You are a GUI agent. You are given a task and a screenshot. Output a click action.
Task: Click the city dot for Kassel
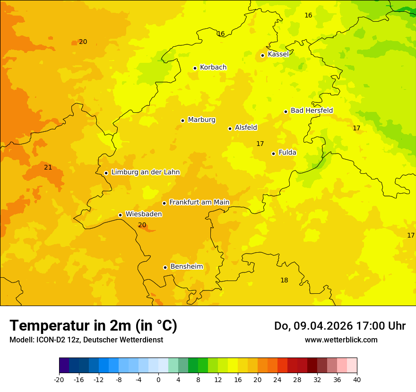(x=262, y=55)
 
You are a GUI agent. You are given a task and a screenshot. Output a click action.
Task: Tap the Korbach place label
(x=213, y=68)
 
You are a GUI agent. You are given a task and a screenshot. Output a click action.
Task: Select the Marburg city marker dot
(x=182, y=120)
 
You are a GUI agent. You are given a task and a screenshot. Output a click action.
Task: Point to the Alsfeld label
(x=246, y=128)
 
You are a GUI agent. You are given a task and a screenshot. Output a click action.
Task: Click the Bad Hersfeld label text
(x=312, y=111)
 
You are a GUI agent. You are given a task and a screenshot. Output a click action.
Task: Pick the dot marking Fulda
(x=273, y=153)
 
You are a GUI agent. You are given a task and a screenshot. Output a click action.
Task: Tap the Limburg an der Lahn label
(x=145, y=172)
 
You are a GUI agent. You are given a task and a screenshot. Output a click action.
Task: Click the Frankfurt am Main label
(x=199, y=203)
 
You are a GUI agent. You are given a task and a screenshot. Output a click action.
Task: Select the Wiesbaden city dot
(x=120, y=215)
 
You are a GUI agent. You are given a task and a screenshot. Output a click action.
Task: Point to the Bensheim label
(x=186, y=267)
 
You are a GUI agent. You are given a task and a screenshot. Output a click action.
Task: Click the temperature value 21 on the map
(x=48, y=168)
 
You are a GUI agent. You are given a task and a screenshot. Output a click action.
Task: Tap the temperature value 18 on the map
(x=284, y=281)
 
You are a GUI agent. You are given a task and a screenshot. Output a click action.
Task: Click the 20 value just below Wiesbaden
(x=142, y=225)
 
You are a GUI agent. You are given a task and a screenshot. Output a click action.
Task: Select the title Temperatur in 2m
(x=93, y=325)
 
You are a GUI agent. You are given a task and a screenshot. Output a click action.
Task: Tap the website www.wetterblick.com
(x=341, y=340)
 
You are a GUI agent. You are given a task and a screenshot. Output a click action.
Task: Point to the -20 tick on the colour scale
(x=59, y=379)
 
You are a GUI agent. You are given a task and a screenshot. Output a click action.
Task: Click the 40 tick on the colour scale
(x=356, y=379)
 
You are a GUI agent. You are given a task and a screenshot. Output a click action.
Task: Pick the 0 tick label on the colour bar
(x=158, y=379)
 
